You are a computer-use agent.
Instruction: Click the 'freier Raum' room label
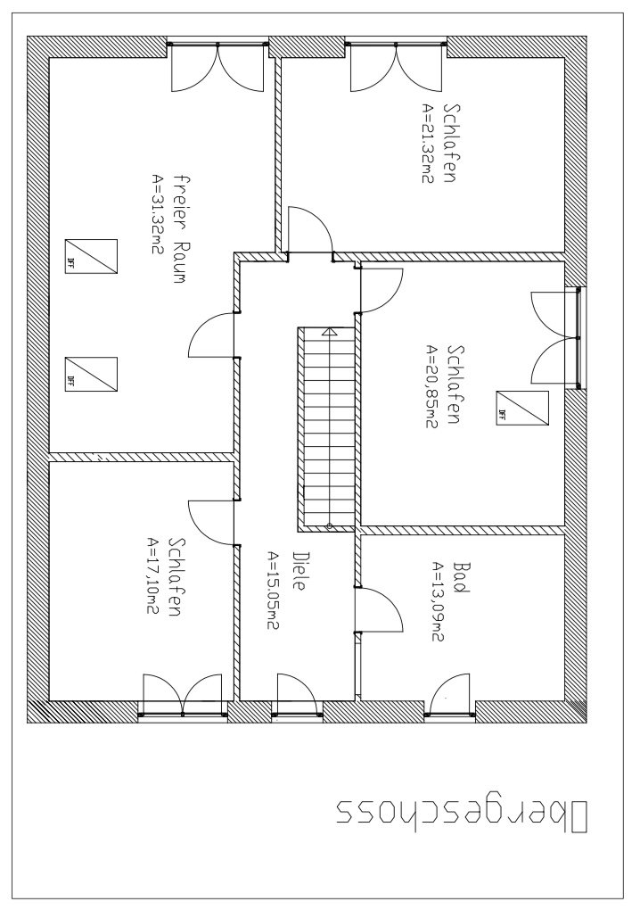pos(179,228)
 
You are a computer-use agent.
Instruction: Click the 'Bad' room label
pos(462,578)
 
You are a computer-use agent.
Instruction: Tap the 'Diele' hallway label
pos(299,571)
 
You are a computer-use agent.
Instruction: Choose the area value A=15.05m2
pos(273,591)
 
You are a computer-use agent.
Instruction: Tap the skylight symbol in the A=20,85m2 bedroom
pos(522,409)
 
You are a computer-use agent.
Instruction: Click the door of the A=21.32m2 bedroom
pos(309,229)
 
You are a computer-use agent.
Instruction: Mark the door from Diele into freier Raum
pos(213,335)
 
